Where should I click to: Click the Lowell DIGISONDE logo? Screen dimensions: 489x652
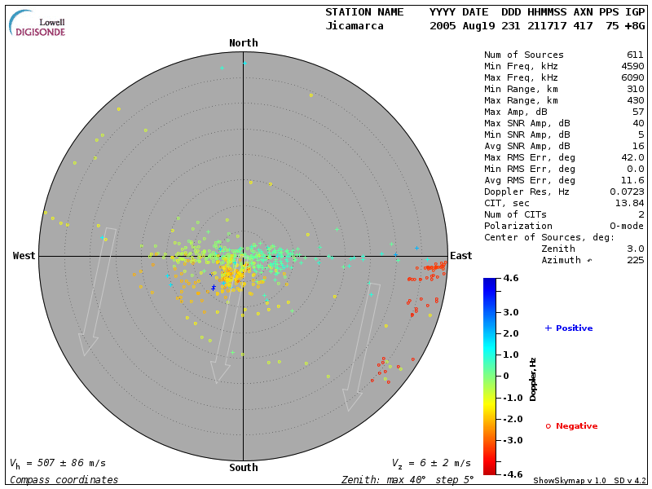pos(37,24)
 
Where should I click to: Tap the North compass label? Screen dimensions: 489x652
pos(243,43)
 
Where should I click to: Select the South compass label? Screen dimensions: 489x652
pos(243,468)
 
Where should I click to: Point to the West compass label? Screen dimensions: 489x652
pos(24,256)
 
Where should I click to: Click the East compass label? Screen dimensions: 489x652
pos(461,256)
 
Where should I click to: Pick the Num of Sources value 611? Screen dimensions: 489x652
pos(635,55)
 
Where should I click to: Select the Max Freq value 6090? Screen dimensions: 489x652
pos(632,78)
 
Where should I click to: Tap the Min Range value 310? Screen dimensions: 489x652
pos(635,90)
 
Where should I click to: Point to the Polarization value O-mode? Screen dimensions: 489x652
pos(623,226)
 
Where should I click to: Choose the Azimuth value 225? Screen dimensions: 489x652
pos(635,260)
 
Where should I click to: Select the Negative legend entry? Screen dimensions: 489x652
pos(571,426)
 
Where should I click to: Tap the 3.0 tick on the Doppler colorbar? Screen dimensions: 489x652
pos(511,312)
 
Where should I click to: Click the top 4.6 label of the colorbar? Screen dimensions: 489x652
pos(511,279)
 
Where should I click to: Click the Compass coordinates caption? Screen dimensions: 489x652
pos(64,480)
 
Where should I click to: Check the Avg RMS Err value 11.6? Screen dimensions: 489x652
pos(632,180)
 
